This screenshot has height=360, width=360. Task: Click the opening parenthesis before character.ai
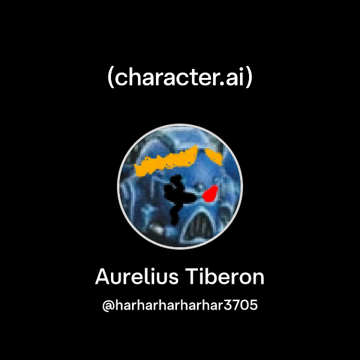click(111, 79)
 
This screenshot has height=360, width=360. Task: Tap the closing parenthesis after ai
click(249, 79)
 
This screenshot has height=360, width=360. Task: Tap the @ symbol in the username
click(109, 306)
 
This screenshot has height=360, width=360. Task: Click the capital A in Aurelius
click(102, 278)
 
